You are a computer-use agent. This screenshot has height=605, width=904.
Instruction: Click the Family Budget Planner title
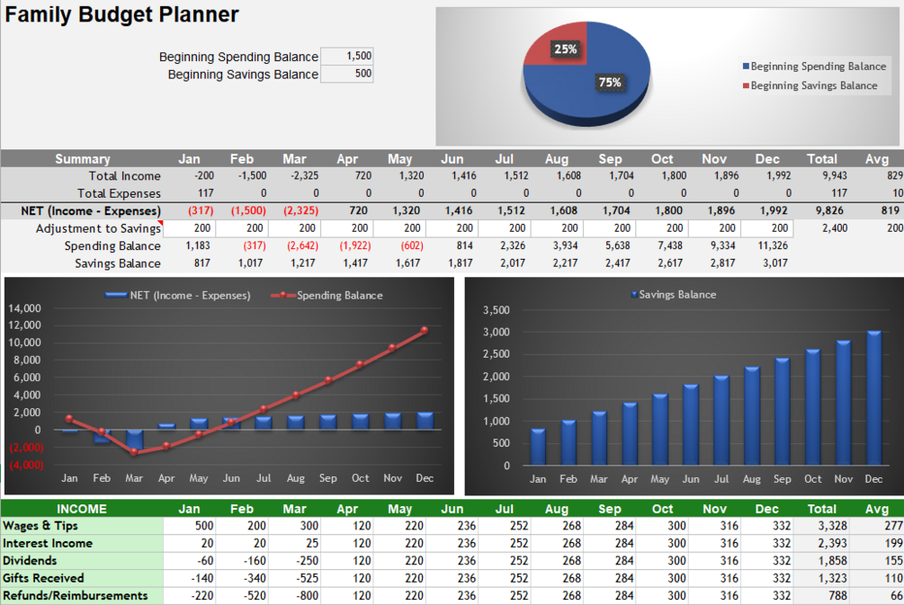pos(122,15)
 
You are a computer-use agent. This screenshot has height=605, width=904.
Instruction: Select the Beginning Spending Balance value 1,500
pos(347,56)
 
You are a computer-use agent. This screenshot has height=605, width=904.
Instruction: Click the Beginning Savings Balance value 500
pos(347,74)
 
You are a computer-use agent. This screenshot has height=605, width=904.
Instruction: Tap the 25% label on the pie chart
pos(565,49)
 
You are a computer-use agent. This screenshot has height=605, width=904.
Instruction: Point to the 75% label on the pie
pos(610,83)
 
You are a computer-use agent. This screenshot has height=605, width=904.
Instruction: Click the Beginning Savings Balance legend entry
pos(813,85)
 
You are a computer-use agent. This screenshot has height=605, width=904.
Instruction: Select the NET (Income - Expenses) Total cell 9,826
pos(821,211)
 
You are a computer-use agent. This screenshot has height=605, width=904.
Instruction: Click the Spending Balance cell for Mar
pos(297,246)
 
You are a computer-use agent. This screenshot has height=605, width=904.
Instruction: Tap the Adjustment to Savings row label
pos(98,228)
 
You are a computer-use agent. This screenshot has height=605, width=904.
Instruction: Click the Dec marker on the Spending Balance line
pos(425,330)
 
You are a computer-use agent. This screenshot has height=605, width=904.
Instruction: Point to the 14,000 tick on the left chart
pos(25,308)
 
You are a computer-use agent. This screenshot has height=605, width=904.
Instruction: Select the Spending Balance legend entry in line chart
pos(338,295)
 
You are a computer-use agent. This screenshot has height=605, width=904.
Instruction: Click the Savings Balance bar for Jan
pos(538,447)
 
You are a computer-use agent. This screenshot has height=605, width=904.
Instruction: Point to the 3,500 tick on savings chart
pos(496,310)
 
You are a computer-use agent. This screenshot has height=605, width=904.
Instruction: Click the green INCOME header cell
pos(82,509)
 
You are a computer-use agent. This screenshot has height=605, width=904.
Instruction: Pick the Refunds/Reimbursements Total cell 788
pos(821,595)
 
